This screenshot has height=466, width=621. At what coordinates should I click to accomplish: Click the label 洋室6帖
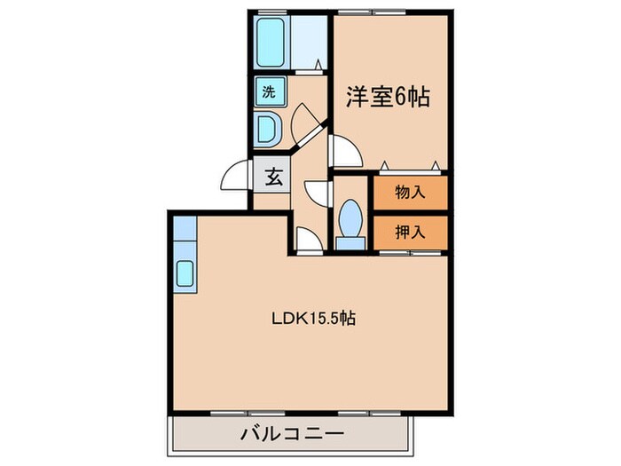pos(388,96)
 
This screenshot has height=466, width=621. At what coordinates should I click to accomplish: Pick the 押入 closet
pos(409,233)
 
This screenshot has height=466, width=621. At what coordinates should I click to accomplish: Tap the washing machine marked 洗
pos(268,90)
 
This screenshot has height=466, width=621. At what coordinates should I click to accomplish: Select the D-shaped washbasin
pos(267,128)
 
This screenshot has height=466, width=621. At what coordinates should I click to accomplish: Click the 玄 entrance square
pos(272,176)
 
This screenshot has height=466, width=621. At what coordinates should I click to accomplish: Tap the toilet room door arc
pos(317,194)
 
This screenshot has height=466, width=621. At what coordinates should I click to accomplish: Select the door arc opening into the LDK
pos(307,239)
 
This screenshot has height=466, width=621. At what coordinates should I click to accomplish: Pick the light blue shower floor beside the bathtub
pos(310,41)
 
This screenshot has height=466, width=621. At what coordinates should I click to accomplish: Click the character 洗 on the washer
pos(268,90)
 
